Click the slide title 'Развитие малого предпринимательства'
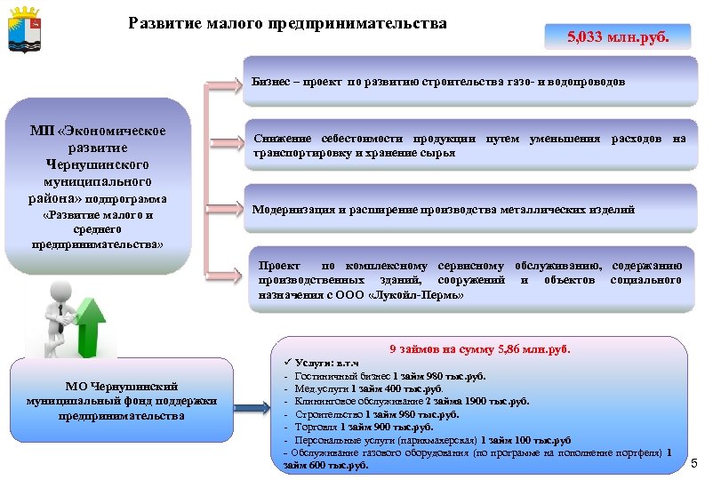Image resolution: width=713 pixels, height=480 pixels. pyautogui.click(x=287, y=22)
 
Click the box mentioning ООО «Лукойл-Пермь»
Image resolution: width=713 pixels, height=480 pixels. pyautogui.click(x=469, y=279)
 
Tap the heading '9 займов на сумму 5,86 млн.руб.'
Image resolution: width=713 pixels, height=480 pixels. pyautogui.click(x=480, y=348)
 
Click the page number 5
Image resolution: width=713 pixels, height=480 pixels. pyautogui.click(x=694, y=463)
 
